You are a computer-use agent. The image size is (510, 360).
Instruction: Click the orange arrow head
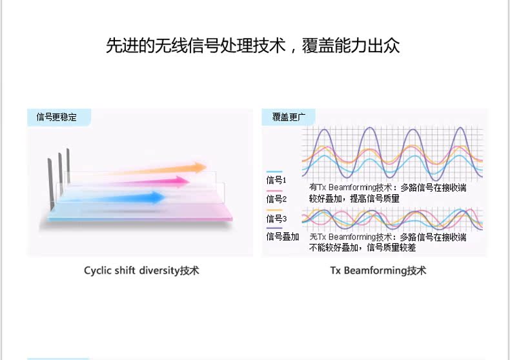point(200,168)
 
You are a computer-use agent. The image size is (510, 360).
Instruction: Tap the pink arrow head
point(183,182)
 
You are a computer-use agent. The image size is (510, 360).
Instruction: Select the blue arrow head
point(158,197)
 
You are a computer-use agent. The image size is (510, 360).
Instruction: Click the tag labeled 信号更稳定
point(57,117)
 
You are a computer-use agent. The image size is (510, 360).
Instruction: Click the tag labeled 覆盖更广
point(289,117)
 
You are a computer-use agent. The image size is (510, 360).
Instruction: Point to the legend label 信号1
point(276,180)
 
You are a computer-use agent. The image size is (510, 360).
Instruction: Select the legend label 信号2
point(276,199)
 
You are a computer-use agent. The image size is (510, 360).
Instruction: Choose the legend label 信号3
point(276,218)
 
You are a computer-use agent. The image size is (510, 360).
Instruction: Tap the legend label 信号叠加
point(283,237)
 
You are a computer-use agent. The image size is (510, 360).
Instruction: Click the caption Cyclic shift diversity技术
point(141,270)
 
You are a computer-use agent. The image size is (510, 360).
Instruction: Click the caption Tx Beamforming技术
point(378,270)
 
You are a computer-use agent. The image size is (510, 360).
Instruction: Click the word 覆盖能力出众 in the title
point(351,46)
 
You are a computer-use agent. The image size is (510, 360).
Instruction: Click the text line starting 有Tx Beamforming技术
point(388,188)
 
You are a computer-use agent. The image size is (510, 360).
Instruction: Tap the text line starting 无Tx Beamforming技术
point(388,237)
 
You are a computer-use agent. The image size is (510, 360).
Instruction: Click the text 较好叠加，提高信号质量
point(354,199)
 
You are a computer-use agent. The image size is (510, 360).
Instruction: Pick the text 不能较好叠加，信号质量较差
point(362,248)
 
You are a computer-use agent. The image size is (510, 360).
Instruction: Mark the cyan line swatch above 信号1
point(274,172)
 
